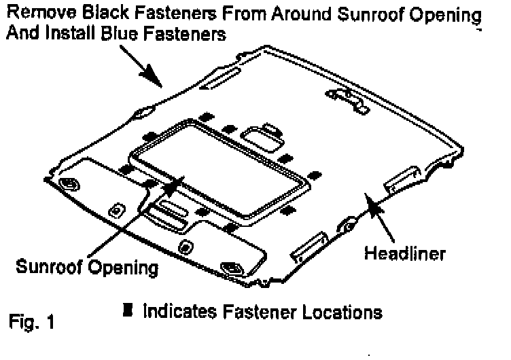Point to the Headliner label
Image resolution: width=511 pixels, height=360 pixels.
point(405,254)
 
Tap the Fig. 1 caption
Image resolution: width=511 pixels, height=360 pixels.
point(33,320)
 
